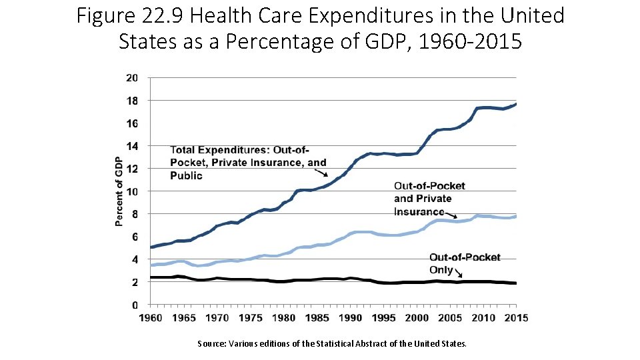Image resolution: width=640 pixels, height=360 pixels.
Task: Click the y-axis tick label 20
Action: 132,78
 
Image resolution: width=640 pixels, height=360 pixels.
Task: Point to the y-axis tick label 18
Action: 132,101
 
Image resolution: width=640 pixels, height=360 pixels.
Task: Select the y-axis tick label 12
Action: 132,169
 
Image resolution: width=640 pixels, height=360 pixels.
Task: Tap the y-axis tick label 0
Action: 135,305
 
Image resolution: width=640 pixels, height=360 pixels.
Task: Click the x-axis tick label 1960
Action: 151,318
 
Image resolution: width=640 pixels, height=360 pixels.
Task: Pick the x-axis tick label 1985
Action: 317,318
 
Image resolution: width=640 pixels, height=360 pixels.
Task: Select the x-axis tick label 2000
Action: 417,318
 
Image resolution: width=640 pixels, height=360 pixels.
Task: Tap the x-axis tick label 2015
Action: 516,318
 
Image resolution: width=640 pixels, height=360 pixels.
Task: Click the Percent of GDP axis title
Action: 119,191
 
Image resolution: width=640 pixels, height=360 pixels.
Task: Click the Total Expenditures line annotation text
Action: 248,162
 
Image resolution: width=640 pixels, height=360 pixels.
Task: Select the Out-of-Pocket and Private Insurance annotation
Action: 429,198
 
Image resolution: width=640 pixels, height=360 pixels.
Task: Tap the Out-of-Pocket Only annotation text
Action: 465,263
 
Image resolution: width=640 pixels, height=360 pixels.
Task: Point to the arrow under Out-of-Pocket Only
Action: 458,273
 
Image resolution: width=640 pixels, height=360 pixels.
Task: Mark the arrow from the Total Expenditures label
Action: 321,171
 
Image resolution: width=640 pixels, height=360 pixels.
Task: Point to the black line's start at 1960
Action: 152,277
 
